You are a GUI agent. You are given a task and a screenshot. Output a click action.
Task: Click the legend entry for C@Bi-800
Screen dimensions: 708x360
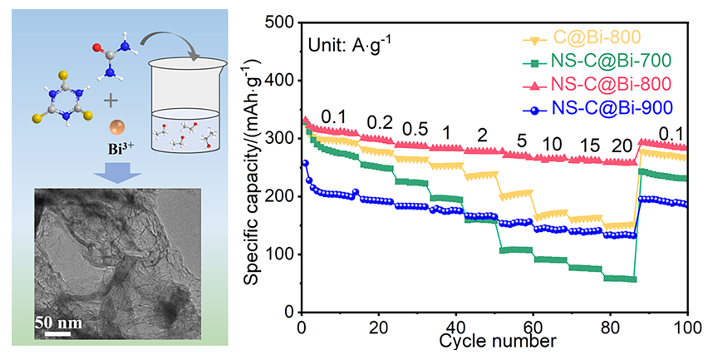(583, 38)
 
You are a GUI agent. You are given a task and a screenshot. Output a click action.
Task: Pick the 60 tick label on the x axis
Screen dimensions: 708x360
(533, 326)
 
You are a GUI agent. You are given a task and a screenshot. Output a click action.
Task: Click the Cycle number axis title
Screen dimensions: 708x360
(497, 341)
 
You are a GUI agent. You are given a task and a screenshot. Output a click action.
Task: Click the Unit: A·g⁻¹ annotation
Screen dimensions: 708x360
(350, 45)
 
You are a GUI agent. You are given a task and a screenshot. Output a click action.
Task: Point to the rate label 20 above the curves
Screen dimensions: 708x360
(622, 145)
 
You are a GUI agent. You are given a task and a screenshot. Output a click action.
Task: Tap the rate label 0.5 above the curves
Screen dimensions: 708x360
(415, 130)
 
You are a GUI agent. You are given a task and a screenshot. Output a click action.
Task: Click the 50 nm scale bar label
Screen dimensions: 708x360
(59, 323)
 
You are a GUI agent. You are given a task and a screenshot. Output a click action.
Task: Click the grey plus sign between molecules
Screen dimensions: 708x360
(111, 101)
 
